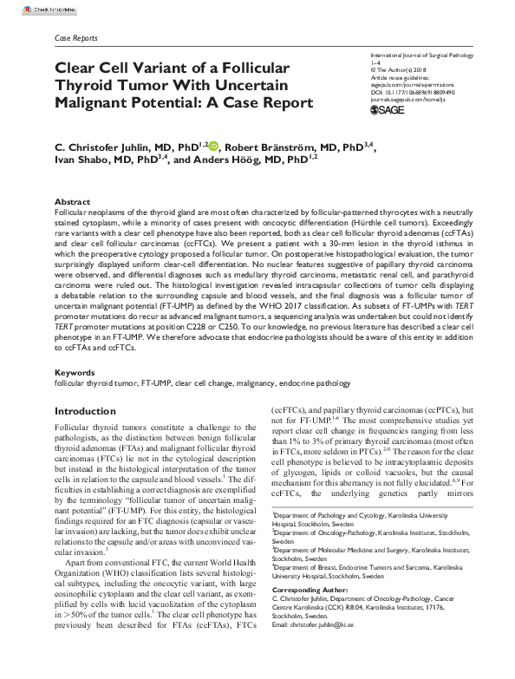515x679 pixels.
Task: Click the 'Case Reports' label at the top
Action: coord(75,38)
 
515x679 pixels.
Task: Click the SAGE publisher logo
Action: coord(388,110)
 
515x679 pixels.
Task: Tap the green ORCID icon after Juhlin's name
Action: coord(213,147)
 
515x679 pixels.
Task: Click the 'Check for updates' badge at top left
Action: coord(27,6)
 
